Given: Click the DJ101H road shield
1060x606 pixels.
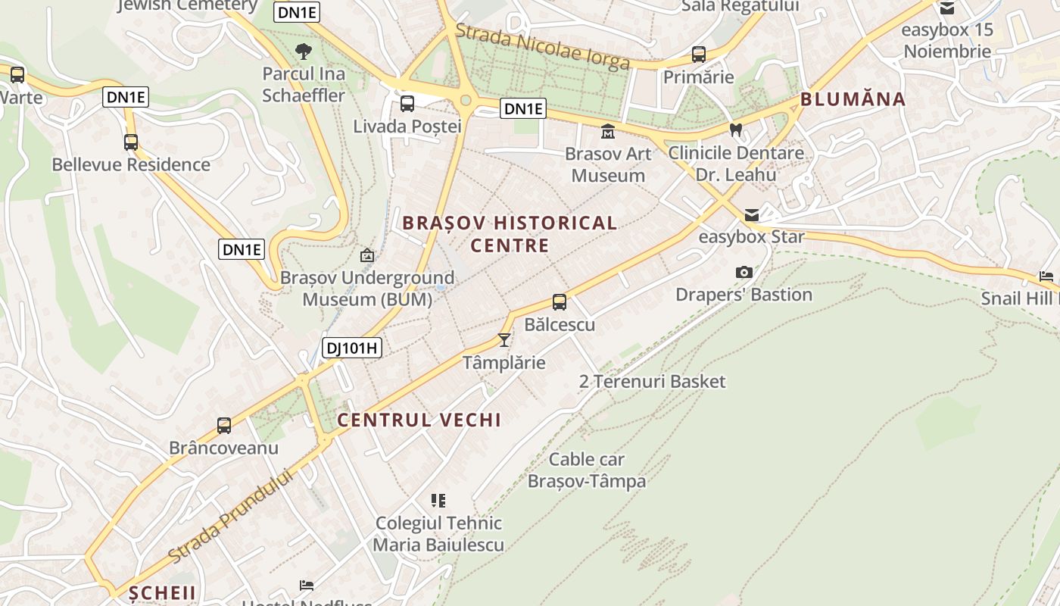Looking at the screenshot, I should click(x=352, y=348).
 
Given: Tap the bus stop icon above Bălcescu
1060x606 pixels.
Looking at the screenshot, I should click(x=560, y=302).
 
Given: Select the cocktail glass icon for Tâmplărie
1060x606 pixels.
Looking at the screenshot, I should click(x=504, y=340).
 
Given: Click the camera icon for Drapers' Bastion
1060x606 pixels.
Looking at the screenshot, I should click(x=744, y=272).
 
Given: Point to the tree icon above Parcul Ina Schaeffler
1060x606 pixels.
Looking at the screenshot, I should click(x=304, y=52).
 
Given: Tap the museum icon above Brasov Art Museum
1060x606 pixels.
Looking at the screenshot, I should click(x=608, y=132).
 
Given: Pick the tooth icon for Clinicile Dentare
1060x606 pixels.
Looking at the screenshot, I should click(x=735, y=130).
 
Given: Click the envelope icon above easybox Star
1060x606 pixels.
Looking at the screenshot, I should click(x=751, y=215).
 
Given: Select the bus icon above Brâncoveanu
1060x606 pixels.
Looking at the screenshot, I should click(x=224, y=426).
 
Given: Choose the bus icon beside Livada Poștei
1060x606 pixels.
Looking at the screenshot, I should click(x=407, y=104).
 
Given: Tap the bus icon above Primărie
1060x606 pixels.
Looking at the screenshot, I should click(x=699, y=55).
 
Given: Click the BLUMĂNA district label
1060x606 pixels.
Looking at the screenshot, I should click(x=853, y=99).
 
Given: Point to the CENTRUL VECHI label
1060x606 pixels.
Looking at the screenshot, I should click(x=419, y=420).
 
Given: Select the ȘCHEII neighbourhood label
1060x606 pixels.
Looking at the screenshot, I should click(x=162, y=592).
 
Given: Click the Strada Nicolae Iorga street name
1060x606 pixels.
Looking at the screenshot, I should click(x=543, y=46).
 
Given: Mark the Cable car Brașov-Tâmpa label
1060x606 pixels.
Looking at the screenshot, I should click(x=587, y=470).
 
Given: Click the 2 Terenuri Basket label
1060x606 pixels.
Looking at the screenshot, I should click(x=652, y=381).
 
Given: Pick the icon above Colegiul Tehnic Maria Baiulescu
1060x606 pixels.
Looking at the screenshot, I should click(x=438, y=500).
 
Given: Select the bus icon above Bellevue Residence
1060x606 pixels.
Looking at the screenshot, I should click(x=131, y=142).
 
